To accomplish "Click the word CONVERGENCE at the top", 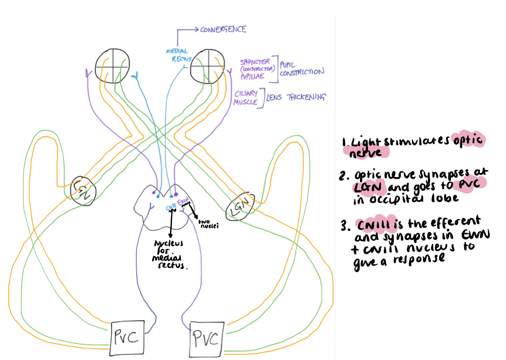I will point(223,29).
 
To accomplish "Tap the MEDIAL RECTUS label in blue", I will point(177,54).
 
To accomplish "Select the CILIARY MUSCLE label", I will point(246,98).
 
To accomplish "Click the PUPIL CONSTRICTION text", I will point(301,68).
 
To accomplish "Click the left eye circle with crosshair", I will point(112,66).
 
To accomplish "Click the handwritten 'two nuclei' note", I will point(208,224).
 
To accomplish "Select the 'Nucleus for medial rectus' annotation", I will point(169,254).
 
